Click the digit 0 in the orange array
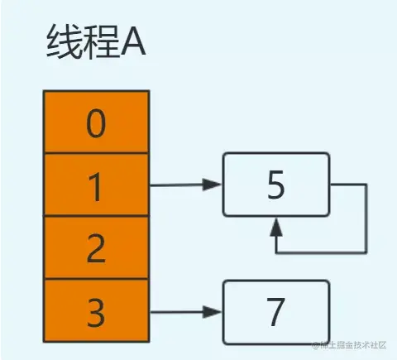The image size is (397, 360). tap(96, 123)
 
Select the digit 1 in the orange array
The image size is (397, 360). tap(95, 187)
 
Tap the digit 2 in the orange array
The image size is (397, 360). tap(96, 248)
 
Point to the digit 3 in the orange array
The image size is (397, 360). tap(96, 313)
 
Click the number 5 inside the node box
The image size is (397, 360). tap(275, 185)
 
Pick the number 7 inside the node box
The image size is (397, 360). tap(275, 312)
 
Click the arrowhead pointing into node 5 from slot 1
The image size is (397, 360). tap(213, 185)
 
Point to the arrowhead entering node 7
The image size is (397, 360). tap(213, 312)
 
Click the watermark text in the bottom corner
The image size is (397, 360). tap(349, 345)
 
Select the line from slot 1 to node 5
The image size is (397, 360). tap(185, 185)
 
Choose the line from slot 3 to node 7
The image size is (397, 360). tap(185, 312)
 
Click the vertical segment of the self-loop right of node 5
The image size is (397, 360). tap(366, 218)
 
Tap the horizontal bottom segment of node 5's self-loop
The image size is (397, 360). tap(321, 252)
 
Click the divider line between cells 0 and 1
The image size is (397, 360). tap(97, 152)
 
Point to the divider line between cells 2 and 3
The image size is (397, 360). tap(97, 279)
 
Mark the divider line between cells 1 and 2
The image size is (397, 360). tap(97, 216)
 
